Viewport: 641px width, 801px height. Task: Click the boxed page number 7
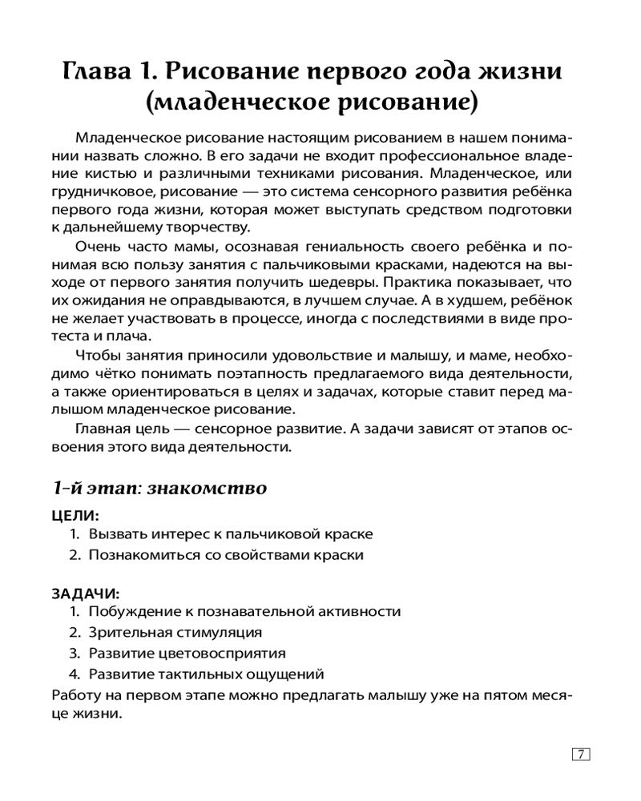(x=581, y=754)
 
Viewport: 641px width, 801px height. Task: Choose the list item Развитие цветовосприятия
(x=187, y=654)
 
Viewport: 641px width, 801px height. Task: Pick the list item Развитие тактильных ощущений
(x=206, y=674)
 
